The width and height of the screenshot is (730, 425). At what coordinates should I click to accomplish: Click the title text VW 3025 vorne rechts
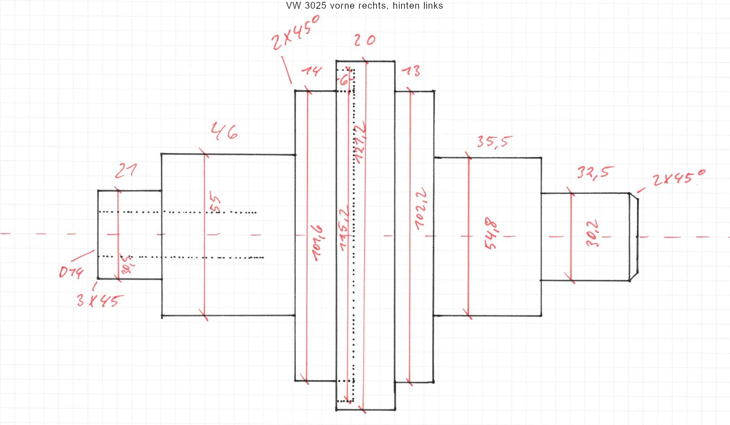click(x=364, y=6)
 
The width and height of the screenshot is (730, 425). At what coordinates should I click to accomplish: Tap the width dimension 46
click(x=224, y=131)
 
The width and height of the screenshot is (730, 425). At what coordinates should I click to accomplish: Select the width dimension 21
click(x=125, y=170)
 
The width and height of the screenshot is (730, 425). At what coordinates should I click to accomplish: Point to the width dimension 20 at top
click(x=364, y=40)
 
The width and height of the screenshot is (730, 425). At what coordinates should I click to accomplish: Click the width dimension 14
click(x=312, y=71)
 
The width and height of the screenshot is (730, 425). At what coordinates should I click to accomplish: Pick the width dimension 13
click(x=411, y=71)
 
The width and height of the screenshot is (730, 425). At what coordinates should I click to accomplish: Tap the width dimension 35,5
click(x=494, y=142)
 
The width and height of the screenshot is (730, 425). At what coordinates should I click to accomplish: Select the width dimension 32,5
click(x=595, y=173)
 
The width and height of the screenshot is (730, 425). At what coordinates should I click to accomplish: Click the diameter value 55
click(x=215, y=203)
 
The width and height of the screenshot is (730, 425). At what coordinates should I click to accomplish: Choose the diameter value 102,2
click(x=421, y=208)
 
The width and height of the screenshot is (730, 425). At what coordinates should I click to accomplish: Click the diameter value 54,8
click(x=491, y=234)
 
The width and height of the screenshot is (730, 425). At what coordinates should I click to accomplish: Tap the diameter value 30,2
click(x=592, y=234)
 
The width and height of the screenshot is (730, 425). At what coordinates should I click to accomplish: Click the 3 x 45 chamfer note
click(x=99, y=300)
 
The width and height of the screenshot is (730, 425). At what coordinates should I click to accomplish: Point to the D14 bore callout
click(x=71, y=272)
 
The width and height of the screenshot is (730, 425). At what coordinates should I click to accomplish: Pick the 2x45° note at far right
click(x=679, y=178)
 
